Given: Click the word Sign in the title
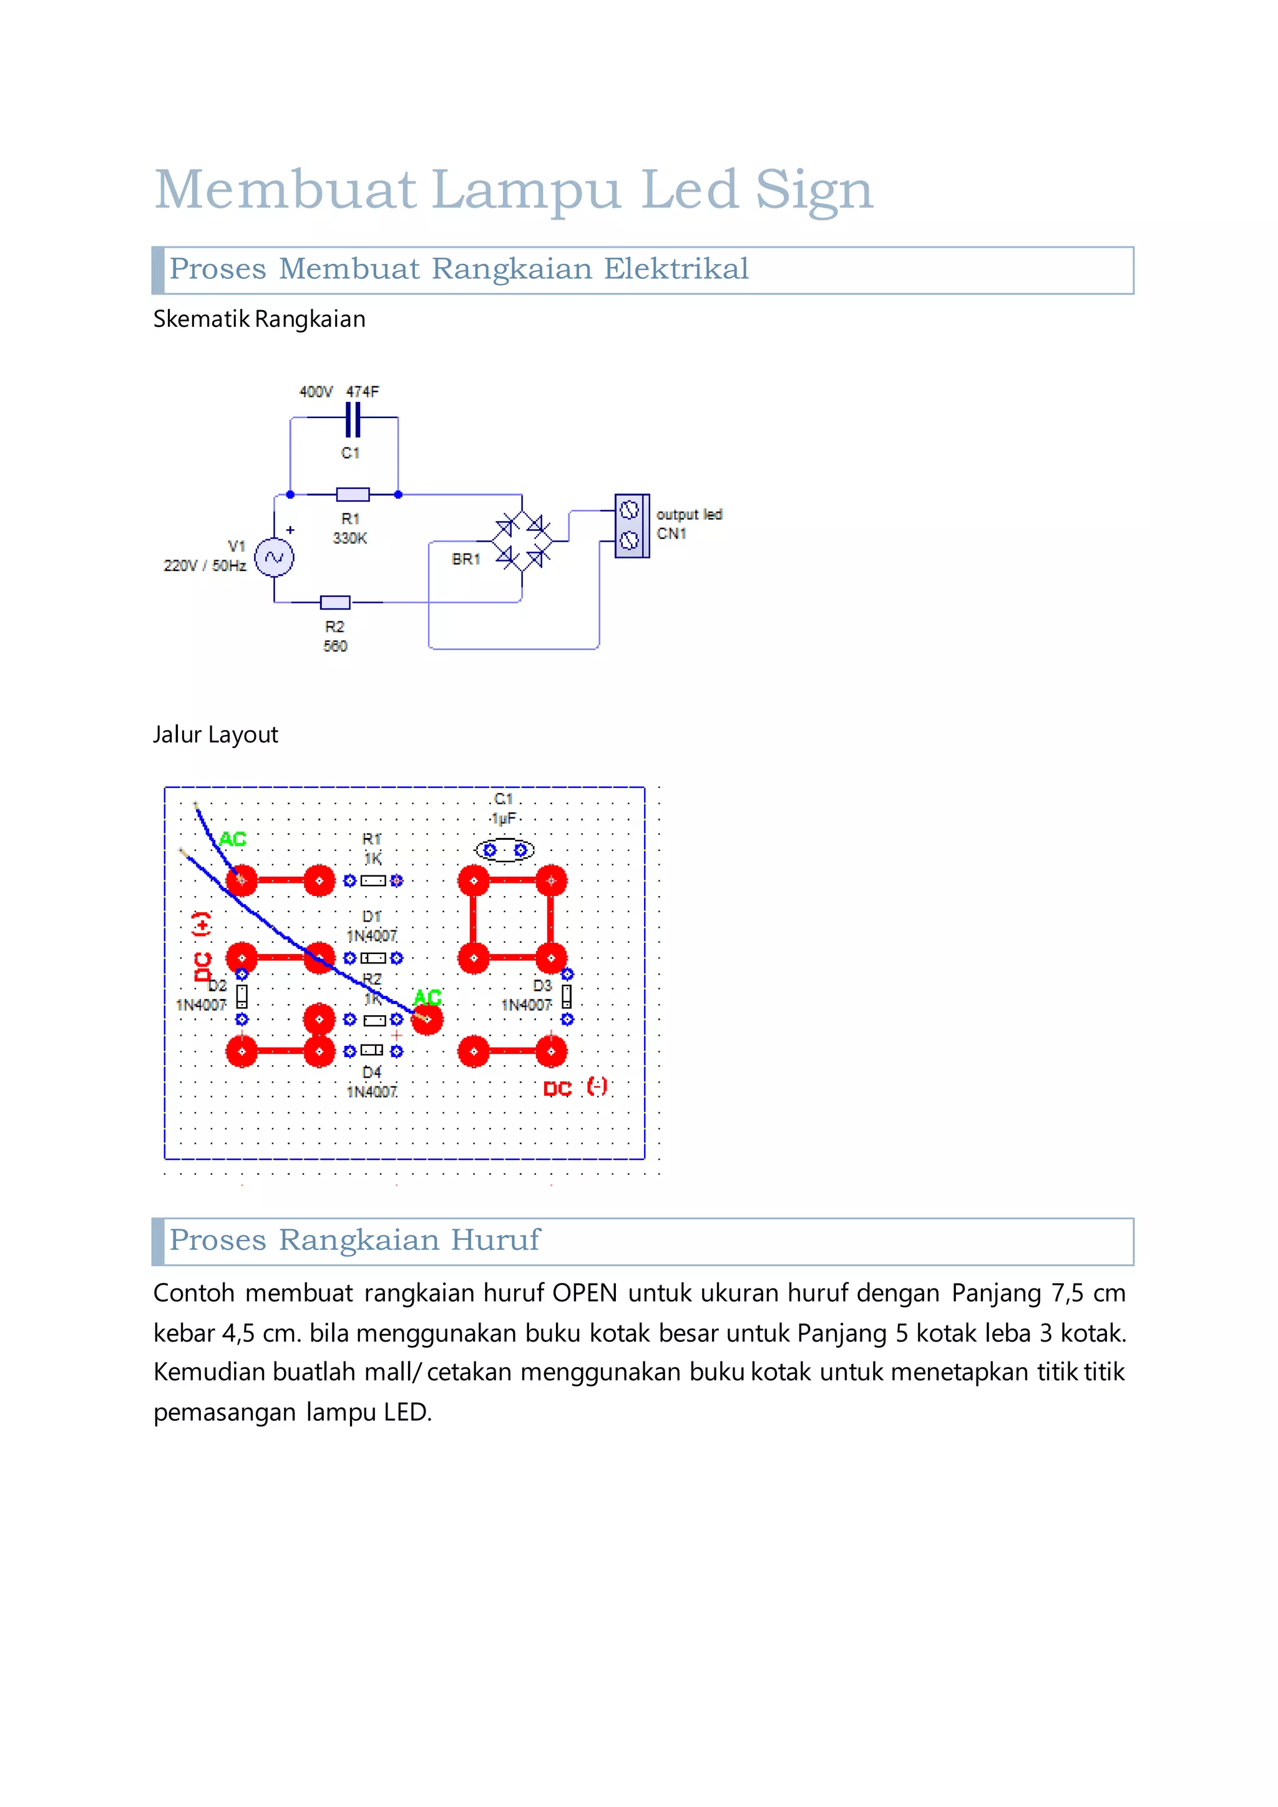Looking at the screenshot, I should pyautogui.click(x=814, y=190).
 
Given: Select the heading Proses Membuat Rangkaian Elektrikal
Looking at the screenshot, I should pyautogui.click(x=459, y=269).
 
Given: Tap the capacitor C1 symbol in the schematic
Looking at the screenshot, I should pyautogui.click(x=353, y=419).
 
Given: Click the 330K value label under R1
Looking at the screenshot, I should pyautogui.click(x=349, y=538).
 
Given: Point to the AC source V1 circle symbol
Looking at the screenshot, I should pyautogui.click(x=274, y=558).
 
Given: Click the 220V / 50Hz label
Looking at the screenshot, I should pyautogui.click(x=205, y=566).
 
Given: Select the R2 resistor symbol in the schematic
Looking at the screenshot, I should pyautogui.click(x=335, y=603).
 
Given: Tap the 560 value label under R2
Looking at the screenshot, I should pyautogui.click(x=335, y=646).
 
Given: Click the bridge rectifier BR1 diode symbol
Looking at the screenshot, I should pyautogui.click(x=522, y=542).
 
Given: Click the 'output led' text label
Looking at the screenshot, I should pyautogui.click(x=690, y=515).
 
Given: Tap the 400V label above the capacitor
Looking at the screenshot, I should pyautogui.click(x=316, y=392).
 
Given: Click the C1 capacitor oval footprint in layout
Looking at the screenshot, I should pyautogui.click(x=504, y=850).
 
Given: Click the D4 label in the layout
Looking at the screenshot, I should pyautogui.click(x=371, y=1073).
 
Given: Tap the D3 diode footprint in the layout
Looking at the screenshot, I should pyautogui.click(x=567, y=997).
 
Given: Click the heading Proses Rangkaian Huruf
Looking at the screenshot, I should pyautogui.click(x=355, y=1240).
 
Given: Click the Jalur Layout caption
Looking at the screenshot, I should pyautogui.click(x=216, y=735).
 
